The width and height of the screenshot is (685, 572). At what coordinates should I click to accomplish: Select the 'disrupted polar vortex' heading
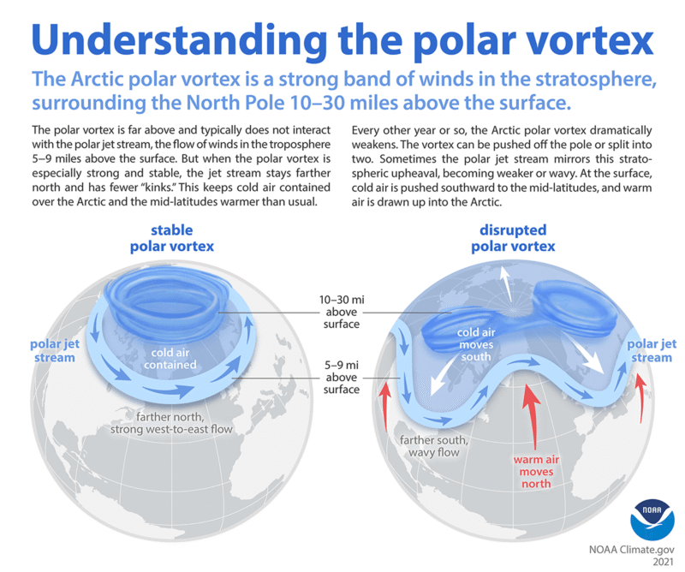[512, 239]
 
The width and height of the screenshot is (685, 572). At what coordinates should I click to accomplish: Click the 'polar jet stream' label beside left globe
[51, 350]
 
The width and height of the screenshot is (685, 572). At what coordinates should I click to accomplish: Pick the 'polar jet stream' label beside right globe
[651, 350]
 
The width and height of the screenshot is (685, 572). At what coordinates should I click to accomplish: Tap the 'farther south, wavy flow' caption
[433, 448]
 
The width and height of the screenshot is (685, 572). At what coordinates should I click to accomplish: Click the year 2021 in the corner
[658, 563]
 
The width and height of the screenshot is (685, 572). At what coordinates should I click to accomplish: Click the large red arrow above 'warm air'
[533, 419]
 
